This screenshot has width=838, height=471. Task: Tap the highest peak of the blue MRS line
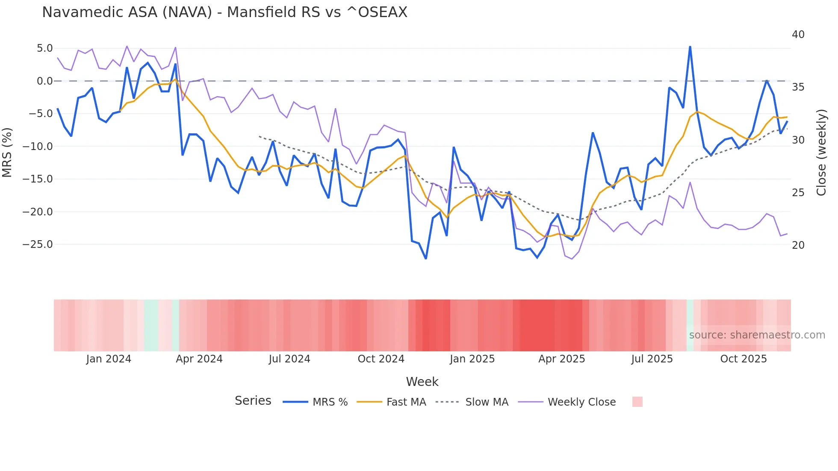point(690,47)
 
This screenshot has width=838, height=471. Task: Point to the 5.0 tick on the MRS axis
point(44,48)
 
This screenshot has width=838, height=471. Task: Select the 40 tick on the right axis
point(798,35)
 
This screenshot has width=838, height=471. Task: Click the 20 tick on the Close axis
point(798,245)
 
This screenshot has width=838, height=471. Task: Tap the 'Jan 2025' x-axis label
point(472,359)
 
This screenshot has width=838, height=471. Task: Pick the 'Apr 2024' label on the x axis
point(199,359)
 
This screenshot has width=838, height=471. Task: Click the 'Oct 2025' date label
point(744,359)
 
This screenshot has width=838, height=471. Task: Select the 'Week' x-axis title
point(422,382)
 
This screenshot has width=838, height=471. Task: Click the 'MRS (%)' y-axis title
point(7,153)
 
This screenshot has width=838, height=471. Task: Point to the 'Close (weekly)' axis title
point(821,153)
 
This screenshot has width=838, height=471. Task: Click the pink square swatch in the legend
point(637,402)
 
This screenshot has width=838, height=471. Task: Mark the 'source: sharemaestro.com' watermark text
point(757,335)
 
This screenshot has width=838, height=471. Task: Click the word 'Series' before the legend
point(253,401)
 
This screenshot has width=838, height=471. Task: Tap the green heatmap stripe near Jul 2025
point(690,325)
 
